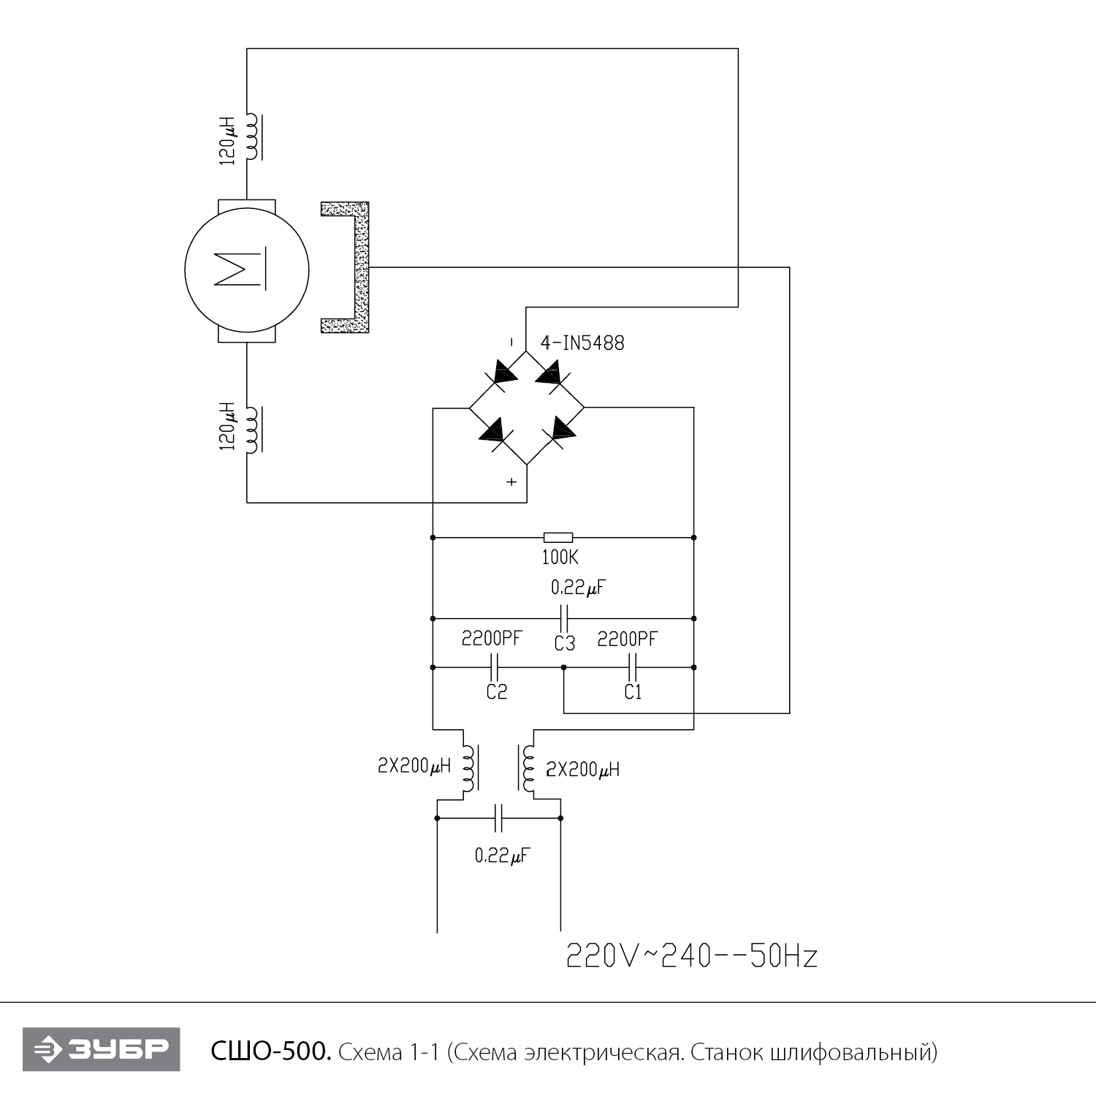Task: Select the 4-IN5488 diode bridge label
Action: (x=582, y=343)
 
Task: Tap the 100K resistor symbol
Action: (x=558, y=537)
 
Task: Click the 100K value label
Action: (x=560, y=557)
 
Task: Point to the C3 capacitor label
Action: (x=564, y=643)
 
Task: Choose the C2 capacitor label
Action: (x=497, y=691)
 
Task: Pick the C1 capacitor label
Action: (x=633, y=691)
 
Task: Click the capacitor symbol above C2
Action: (x=494, y=666)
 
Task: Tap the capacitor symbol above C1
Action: (x=633, y=666)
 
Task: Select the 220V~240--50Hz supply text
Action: (x=691, y=956)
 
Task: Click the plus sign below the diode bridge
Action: (x=511, y=482)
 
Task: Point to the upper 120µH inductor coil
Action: (x=253, y=137)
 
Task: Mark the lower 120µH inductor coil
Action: (x=253, y=430)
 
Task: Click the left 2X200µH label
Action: (x=414, y=766)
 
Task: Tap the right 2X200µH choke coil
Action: (x=527, y=769)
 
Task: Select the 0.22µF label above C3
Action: (x=578, y=587)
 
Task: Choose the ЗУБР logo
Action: (x=101, y=1050)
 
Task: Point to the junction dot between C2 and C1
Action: (x=563, y=667)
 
